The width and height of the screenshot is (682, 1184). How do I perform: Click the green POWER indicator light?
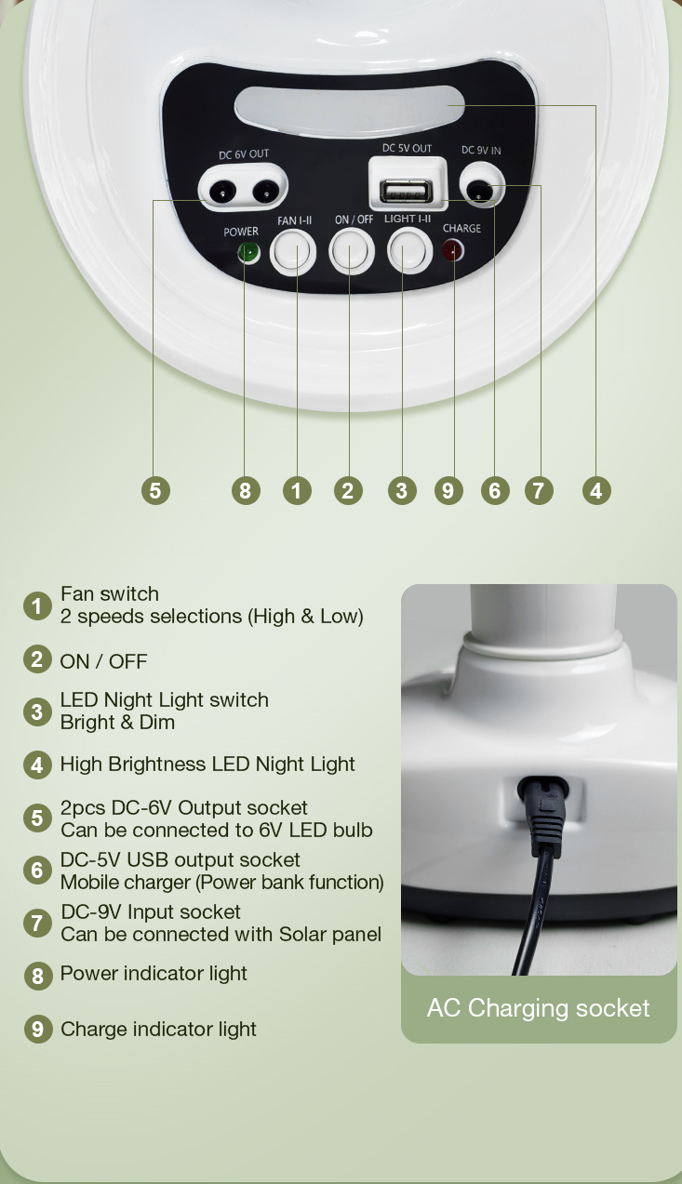(248, 253)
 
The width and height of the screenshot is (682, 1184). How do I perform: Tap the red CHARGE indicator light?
(453, 250)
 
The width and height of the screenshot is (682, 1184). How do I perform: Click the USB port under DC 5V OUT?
(406, 191)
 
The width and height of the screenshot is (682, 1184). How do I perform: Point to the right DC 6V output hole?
(264, 191)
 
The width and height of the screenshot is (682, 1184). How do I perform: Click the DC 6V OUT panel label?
(244, 154)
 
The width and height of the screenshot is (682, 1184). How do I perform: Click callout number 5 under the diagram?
(155, 490)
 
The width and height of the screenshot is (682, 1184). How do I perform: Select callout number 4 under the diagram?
(596, 490)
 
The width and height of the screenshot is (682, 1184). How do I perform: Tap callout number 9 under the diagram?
(448, 490)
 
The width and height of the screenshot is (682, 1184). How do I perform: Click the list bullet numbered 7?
(37, 923)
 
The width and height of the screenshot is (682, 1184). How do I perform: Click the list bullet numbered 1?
(37, 605)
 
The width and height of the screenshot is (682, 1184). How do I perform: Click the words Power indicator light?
(154, 973)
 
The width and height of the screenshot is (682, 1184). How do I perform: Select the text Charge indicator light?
(158, 1029)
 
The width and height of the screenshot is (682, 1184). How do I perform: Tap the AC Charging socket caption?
(538, 1008)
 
